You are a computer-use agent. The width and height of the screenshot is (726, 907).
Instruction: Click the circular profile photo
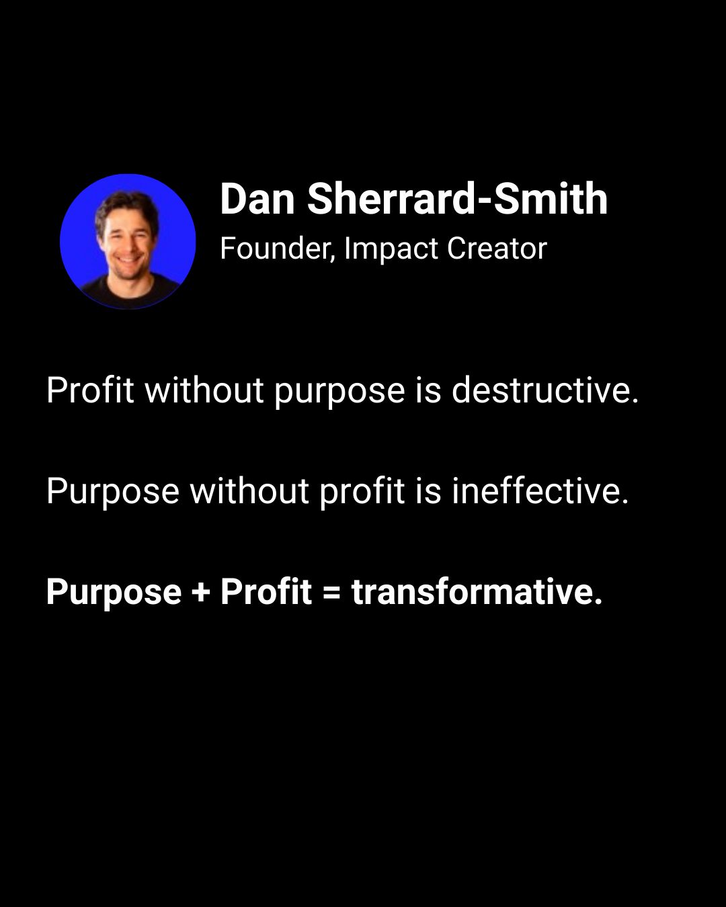[128, 241]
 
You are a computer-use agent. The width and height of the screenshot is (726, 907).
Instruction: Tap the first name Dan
[257, 199]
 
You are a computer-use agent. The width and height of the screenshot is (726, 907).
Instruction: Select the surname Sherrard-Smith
[457, 199]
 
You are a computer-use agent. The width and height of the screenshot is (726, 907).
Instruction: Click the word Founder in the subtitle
[278, 248]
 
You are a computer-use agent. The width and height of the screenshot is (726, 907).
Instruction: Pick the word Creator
[497, 248]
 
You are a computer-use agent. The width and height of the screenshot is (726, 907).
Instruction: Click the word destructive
[545, 390]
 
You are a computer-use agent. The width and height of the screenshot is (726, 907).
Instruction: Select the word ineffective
[540, 491]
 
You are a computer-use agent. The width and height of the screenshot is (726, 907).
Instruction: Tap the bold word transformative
[477, 592]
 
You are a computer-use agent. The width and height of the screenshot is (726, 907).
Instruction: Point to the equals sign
[331, 592]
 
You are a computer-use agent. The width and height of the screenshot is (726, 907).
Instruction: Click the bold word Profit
[266, 591]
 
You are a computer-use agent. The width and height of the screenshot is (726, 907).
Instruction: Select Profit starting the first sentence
[90, 390]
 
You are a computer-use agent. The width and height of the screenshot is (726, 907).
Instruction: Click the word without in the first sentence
[204, 390]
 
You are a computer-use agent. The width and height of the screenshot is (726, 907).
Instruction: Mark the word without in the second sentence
[249, 491]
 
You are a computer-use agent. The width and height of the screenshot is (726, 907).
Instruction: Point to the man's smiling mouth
[128, 258]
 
